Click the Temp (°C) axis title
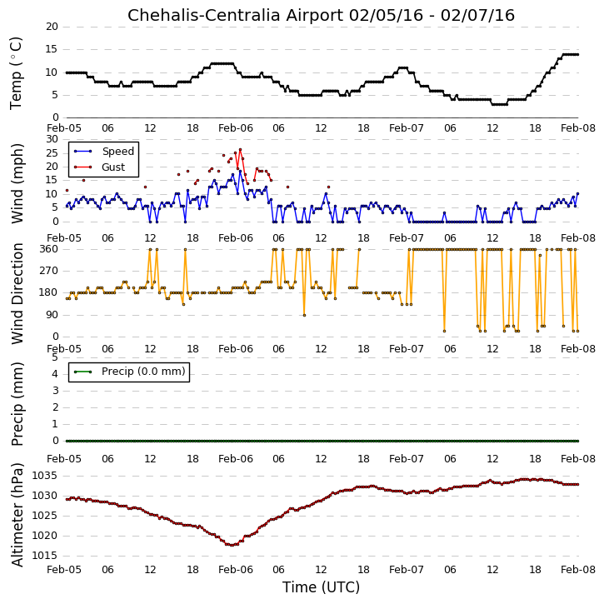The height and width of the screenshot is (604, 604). coord(16,73)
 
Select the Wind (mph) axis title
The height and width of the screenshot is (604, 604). coord(17,183)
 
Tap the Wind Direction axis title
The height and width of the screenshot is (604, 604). coord(17,293)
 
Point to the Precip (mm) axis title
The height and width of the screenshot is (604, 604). coord(17,404)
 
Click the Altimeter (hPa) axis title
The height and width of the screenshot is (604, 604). coord(17,515)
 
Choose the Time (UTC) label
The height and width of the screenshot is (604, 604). coord(321,587)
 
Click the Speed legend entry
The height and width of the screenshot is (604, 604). coord(117,152)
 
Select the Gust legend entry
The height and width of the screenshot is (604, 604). coord(113,167)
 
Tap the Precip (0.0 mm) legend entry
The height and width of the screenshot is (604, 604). coord(143,372)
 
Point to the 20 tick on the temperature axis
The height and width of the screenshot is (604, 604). coord(52,27)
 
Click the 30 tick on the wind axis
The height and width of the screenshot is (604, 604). coord(52,139)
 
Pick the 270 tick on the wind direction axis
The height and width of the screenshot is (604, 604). coord(49,271)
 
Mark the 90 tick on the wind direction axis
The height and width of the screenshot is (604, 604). coord(52,315)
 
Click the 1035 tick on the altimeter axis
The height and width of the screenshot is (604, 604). coord(45,476)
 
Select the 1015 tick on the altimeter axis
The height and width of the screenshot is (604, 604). coord(45,556)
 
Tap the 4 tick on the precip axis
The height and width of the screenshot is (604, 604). coord(55,374)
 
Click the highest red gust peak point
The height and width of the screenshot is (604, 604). coord(241,149)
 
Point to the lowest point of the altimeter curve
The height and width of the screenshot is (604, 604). coord(231,545)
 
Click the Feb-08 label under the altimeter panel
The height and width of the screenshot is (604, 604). coord(578,570)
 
